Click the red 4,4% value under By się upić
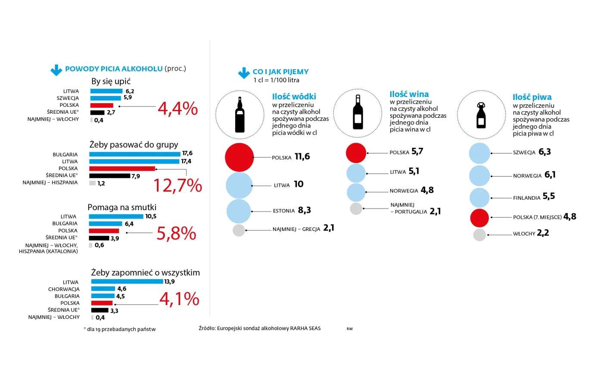pyautogui.click(x=177, y=109)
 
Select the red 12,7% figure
pyautogui.click(x=177, y=186)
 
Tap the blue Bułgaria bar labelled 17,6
pyautogui.click(x=134, y=154)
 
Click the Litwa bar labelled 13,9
pyautogui.click(x=127, y=282)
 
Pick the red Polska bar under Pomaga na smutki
pyautogui.click(x=104, y=231)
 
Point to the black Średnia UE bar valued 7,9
pyautogui.click(x=109, y=176)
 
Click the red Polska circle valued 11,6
pyautogui.click(x=239, y=157)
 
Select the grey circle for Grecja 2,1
pyautogui.click(x=239, y=230)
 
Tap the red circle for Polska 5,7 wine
pyautogui.click(x=356, y=153)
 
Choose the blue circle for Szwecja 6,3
pyautogui.click(x=479, y=153)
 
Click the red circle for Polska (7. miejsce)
pyautogui.click(x=479, y=218)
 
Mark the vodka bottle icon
pyautogui.click(x=240, y=115)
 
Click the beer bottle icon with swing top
pyautogui.click(x=481, y=115)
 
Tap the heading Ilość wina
pyautogui.click(x=409, y=94)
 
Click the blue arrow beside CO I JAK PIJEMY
pyautogui.click(x=244, y=73)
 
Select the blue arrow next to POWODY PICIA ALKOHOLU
pyautogui.click(x=56, y=70)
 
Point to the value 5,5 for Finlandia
pyautogui.click(x=549, y=196)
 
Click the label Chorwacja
pyautogui.click(x=64, y=289)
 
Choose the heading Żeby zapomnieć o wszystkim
pyautogui.click(x=145, y=273)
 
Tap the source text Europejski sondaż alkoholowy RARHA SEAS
pyautogui.click(x=260, y=328)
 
